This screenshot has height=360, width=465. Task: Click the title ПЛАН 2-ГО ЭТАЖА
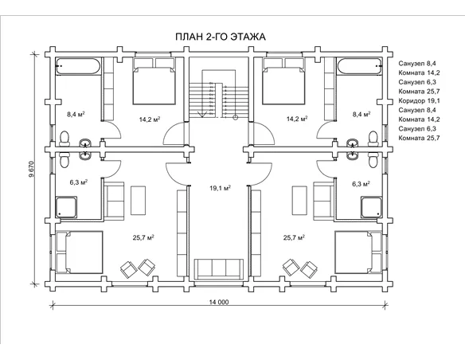click(x=221, y=37)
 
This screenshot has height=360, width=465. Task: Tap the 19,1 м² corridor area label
click(x=220, y=188)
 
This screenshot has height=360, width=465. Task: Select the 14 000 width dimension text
click(x=219, y=302)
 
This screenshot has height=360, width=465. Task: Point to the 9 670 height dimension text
click(x=31, y=169)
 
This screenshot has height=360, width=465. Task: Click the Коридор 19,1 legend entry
click(x=419, y=101)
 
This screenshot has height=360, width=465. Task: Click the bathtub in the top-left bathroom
click(x=79, y=66)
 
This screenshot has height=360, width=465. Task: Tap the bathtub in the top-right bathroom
click(x=359, y=66)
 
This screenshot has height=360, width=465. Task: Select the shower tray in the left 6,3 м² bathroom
click(x=66, y=207)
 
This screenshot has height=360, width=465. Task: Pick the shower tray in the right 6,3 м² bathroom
click(x=371, y=207)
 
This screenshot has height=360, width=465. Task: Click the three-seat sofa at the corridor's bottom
click(x=220, y=269)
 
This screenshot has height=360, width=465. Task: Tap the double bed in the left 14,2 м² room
click(x=154, y=81)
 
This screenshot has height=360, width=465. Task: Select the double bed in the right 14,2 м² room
click(x=283, y=81)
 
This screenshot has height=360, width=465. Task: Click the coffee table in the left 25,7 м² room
click(x=139, y=201)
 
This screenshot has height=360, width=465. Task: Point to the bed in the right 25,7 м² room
click(x=358, y=252)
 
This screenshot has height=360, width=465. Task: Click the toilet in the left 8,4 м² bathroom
click(x=64, y=139)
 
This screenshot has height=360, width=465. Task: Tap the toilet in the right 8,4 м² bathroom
click(x=373, y=139)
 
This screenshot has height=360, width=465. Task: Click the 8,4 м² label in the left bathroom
click(x=76, y=115)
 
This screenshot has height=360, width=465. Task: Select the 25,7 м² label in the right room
click(x=294, y=237)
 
